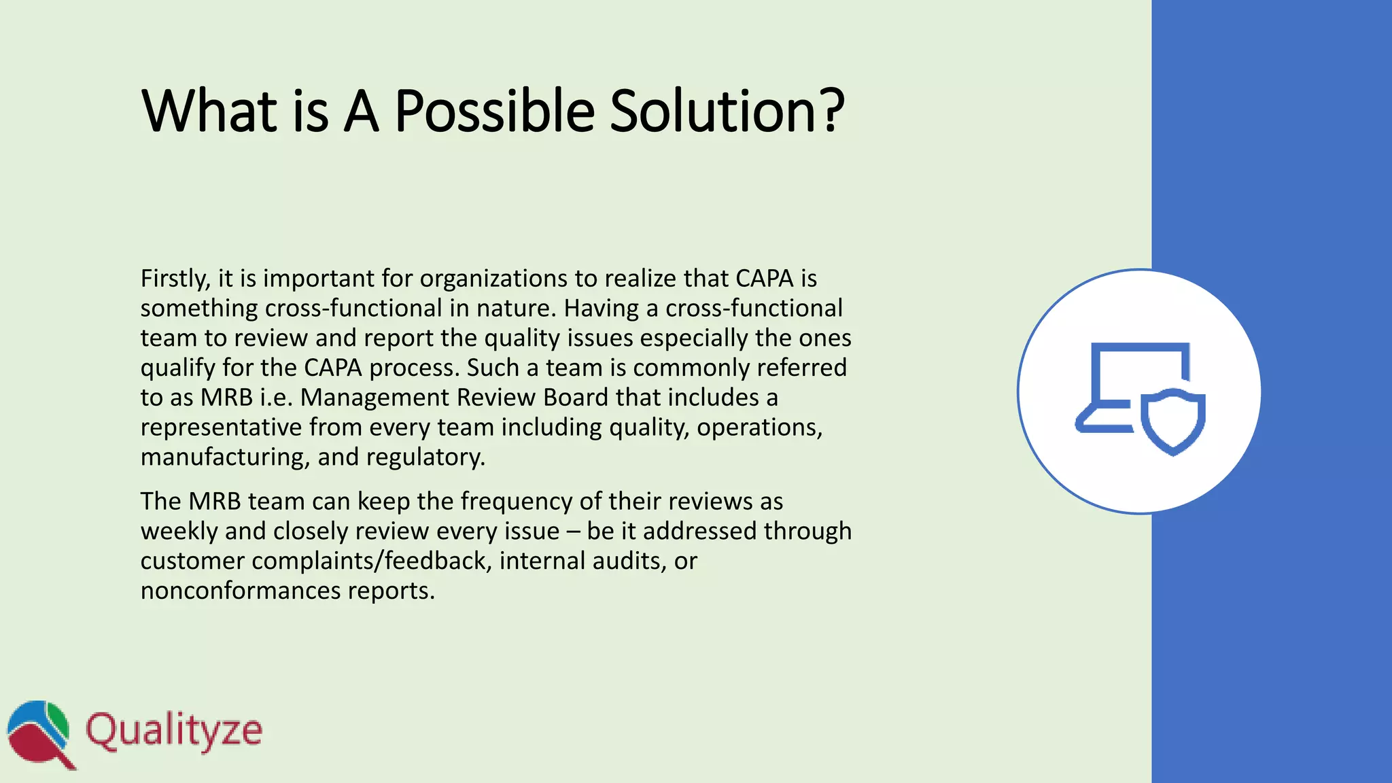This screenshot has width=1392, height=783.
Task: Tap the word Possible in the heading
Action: [494, 110]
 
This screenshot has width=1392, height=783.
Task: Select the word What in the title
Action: [209, 110]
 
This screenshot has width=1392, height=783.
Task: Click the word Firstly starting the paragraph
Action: [175, 279]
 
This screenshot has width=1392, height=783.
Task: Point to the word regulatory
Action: [425, 457]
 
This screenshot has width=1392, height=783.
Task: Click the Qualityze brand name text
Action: [174, 731]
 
